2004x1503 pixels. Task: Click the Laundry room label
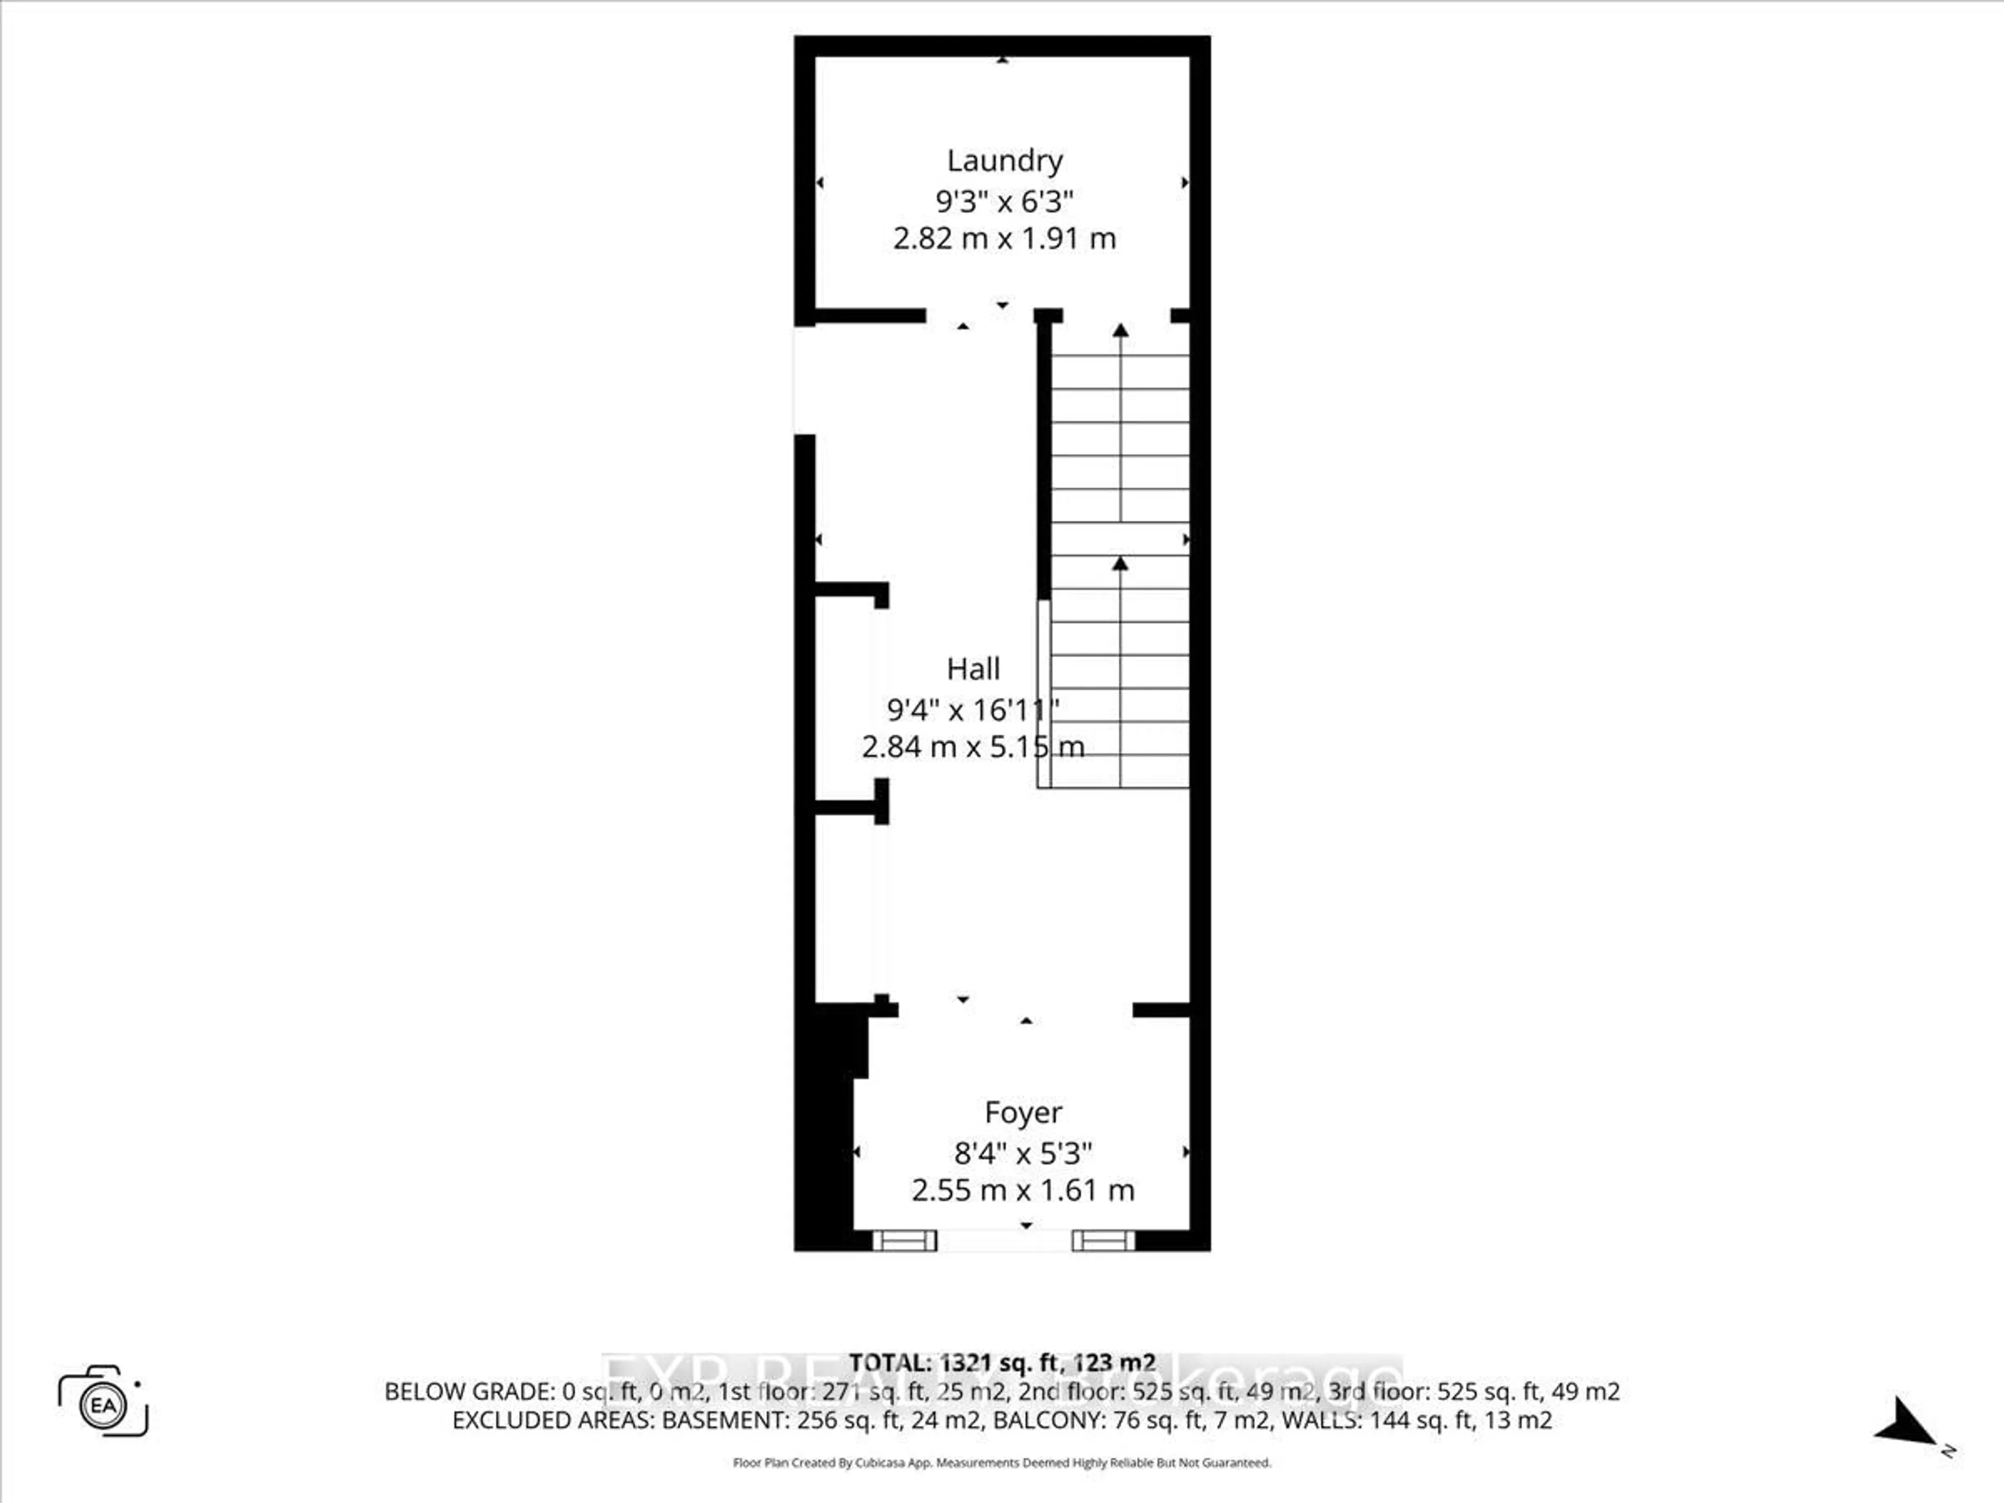1004,160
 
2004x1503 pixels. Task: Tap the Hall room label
973,669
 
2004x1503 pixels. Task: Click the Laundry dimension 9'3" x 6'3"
1004,200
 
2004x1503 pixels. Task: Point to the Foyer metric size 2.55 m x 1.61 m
1023,1189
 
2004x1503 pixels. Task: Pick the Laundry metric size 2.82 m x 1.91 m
1004,238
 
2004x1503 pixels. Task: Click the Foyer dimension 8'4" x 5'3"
1023,1153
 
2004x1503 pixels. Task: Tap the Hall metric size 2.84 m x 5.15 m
973,746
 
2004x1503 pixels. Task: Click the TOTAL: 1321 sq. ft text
1001,1363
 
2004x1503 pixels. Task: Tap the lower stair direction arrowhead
1120,564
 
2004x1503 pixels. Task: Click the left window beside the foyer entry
904,1240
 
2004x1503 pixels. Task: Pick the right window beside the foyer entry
1103,1240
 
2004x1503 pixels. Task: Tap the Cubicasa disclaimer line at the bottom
1001,1462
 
